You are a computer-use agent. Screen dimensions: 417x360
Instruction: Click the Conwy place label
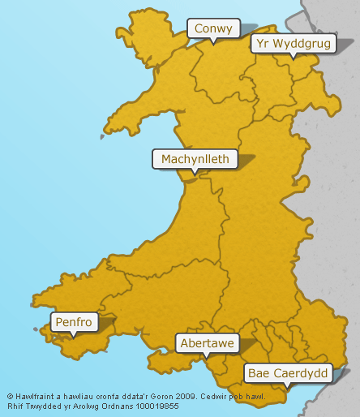tap(213, 28)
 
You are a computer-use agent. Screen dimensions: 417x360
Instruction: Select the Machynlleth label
tap(195, 158)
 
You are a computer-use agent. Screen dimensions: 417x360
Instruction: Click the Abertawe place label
tap(208, 343)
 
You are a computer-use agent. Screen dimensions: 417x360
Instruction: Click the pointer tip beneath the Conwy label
tap(213, 43)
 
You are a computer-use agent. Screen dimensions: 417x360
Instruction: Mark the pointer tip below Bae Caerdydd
tap(289, 388)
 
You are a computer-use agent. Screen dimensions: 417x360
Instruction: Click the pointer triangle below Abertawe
tap(208, 358)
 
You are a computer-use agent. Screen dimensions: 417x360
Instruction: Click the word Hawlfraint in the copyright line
tap(32, 398)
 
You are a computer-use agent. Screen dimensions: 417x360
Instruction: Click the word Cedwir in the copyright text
tap(223, 398)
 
